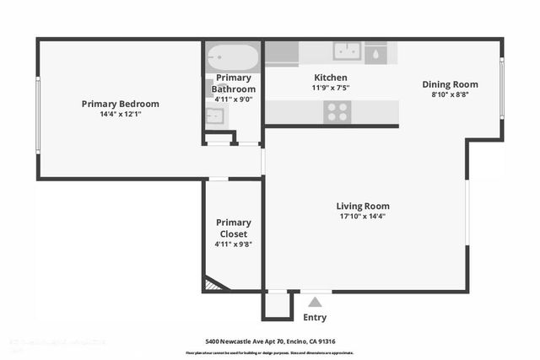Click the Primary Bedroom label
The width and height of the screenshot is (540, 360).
click(x=120, y=104)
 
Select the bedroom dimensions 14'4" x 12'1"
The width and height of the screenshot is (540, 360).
click(x=120, y=115)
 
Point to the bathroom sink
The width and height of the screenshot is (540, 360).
click(x=216, y=116)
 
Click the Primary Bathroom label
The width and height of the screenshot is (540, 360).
click(x=234, y=83)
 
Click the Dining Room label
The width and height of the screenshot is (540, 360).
click(x=450, y=84)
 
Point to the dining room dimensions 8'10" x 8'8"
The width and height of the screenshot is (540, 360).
click(x=450, y=94)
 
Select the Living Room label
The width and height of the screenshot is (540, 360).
click(x=363, y=206)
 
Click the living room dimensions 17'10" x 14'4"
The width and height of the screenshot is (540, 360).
click(x=363, y=216)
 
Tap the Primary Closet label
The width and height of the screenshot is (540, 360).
click(x=234, y=228)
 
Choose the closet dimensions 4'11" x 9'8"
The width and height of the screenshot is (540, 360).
click(x=234, y=244)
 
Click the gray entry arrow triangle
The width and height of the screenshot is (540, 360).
click(x=315, y=302)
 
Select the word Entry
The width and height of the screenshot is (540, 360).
click(x=315, y=318)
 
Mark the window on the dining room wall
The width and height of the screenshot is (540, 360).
click(x=503, y=88)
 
